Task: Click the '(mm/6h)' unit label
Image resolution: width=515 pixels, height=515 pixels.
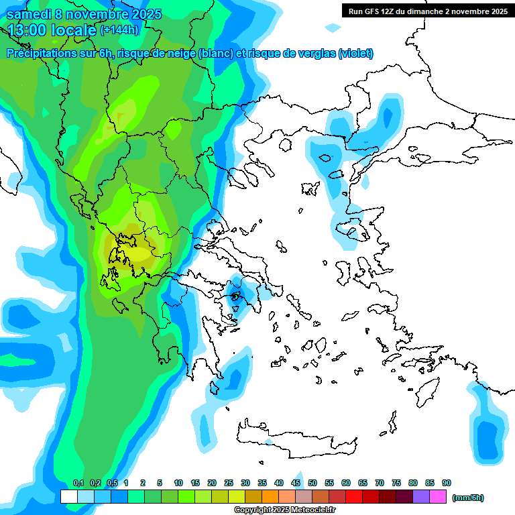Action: click(467, 498)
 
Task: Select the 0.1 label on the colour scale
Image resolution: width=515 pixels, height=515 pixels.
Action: click(78, 483)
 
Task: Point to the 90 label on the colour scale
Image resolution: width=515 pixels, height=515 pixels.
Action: click(447, 483)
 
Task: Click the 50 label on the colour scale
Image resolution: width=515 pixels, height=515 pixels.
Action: click(312, 483)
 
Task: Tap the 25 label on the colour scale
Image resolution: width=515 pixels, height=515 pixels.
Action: click(229, 483)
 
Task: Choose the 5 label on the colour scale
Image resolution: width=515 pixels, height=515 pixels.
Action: click(160, 483)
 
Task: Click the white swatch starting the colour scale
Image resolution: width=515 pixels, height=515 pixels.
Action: click(68, 497)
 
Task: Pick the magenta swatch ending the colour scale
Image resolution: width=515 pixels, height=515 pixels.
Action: click(439, 497)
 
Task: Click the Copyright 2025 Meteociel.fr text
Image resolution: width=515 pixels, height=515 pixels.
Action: click(284, 510)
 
